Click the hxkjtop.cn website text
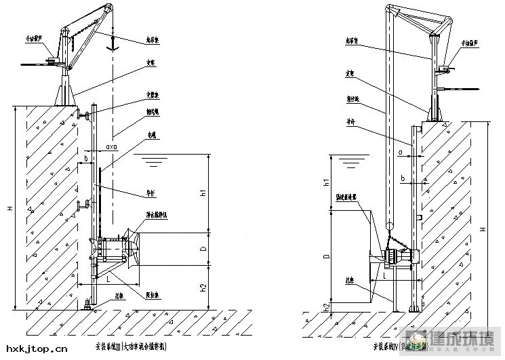34,349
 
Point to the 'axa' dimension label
112,146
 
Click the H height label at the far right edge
483,230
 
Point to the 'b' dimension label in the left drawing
87,159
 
